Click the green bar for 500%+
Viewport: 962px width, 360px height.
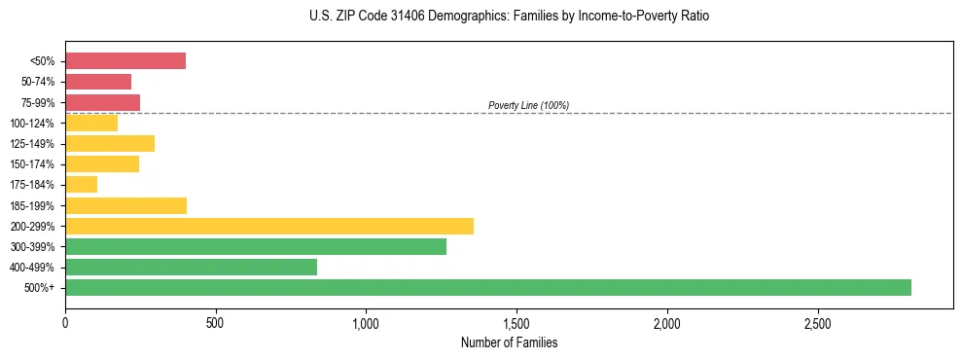487,287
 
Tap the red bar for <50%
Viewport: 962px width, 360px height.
125,61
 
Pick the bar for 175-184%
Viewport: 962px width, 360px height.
82,185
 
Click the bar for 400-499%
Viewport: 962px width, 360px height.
191,267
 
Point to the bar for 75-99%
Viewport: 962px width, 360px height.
102,102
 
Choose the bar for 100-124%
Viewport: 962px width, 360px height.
91,123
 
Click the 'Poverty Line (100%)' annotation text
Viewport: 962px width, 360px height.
528,105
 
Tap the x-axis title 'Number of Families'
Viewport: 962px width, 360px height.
509,343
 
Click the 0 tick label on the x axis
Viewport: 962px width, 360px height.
65,322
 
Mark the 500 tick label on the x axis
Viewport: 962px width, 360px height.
216,322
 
